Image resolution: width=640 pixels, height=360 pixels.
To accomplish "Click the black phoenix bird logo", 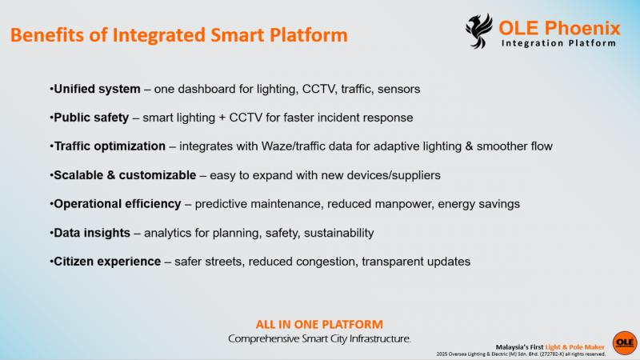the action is (479, 31).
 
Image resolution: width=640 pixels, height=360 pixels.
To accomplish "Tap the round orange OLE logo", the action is (625, 343).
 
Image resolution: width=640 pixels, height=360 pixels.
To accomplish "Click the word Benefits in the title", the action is (48, 34).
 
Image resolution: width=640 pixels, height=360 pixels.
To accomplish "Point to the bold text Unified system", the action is (97, 89).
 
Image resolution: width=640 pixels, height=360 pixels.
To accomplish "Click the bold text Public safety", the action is (91, 118).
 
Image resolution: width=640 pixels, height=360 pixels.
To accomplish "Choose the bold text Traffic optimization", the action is (110, 146).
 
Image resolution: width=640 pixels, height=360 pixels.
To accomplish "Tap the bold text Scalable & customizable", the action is (125, 175).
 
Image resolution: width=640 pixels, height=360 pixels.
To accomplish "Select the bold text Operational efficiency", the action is (118, 204).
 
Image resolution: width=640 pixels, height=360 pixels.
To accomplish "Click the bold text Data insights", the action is (92, 233).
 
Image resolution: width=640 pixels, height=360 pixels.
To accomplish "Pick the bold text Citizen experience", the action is (107, 262).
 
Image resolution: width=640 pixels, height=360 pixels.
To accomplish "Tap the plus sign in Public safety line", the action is (222, 118).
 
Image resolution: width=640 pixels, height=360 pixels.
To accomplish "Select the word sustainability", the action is (338, 233).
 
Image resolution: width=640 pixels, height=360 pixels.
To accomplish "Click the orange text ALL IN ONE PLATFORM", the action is (319, 325).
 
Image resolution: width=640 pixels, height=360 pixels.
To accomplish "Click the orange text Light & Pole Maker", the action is (574, 347).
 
